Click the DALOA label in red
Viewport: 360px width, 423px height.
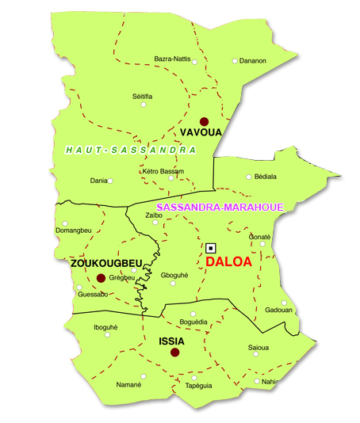coord(228,261)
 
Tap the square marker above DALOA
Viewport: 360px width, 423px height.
coord(211,247)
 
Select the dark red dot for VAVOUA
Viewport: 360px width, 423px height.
coord(204,121)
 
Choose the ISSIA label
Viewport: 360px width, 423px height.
coord(172,341)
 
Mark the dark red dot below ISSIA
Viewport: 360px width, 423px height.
coord(175,353)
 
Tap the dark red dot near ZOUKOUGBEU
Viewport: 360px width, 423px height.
coord(101,277)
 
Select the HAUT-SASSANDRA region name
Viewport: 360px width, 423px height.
coord(131,150)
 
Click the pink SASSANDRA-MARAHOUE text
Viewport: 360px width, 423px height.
coord(220,207)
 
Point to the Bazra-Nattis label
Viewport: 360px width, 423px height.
coord(172,59)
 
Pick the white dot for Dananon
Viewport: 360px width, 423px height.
coord(235,60)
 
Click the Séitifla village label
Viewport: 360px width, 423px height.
coord(142,96)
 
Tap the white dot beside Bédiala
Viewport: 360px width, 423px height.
coord(248,177)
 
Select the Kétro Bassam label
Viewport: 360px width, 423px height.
coord(163,171)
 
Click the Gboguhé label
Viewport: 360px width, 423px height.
coord(174,275)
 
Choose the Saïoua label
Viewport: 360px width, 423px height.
coord(259,347)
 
